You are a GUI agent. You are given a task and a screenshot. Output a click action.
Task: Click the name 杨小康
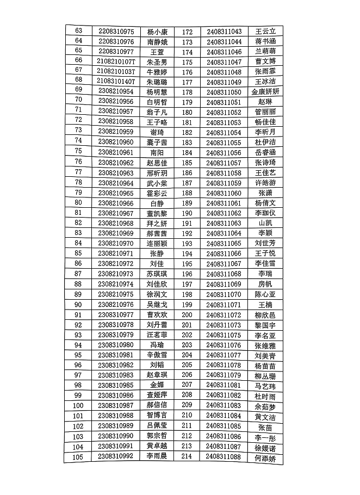tap(157, 32)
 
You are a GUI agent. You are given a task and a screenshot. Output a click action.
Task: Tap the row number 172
tap(187, 32)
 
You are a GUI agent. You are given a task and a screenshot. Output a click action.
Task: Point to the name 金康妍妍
tap(265, 92)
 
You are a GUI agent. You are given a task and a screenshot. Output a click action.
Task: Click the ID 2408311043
tap(224, 32)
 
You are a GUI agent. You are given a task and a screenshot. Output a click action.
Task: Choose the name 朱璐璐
tap(157, 81)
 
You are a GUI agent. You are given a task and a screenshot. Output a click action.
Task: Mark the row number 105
tap(78, 457)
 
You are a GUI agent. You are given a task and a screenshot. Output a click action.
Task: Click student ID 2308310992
tap(116, 456)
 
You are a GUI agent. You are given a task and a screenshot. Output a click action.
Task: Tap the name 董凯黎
tap(157, 213)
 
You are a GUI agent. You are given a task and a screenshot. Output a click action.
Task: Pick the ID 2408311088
tap(224, 457)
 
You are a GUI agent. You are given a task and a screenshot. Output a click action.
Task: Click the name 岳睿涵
tap(265, 152)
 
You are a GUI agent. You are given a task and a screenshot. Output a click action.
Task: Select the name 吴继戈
tap(157, 305)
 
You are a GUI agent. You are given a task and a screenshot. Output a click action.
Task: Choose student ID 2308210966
tap(116, 203)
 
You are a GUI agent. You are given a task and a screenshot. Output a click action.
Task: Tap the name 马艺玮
tap(265, 386)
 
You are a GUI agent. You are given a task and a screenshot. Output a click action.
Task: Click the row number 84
tap(78, 243)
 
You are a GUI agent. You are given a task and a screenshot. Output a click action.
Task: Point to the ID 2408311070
tap(224, 295)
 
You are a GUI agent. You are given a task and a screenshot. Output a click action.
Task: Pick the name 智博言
tap(157, 416)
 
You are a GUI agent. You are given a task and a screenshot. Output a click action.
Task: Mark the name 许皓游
tap(265, 183)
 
